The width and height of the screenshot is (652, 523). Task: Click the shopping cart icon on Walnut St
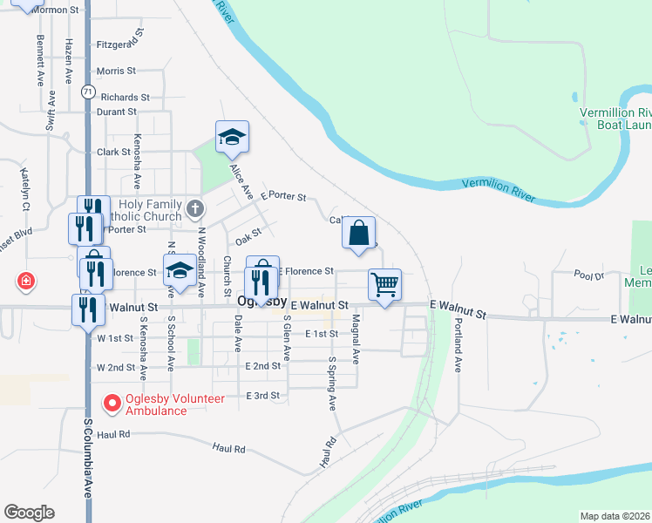(x=384, y=284)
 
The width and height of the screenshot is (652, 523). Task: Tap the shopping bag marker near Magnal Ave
(x=358, y=233)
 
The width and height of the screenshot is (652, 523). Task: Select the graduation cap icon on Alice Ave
(x=233, y=137)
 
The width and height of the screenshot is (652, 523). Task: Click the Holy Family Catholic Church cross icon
(x=195, y=208)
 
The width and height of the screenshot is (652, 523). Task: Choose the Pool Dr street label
(x=589, y=275)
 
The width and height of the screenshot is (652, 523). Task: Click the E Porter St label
(x=283, y=197)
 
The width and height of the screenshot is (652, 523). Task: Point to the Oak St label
(x=248, y=235)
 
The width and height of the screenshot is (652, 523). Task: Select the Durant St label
(x=117, y=112)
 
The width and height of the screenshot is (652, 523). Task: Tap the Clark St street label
(x=113, y=152)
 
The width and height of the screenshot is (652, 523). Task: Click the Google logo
(x=29, y=513)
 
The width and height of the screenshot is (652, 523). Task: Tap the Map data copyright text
(x=615, y=516)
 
